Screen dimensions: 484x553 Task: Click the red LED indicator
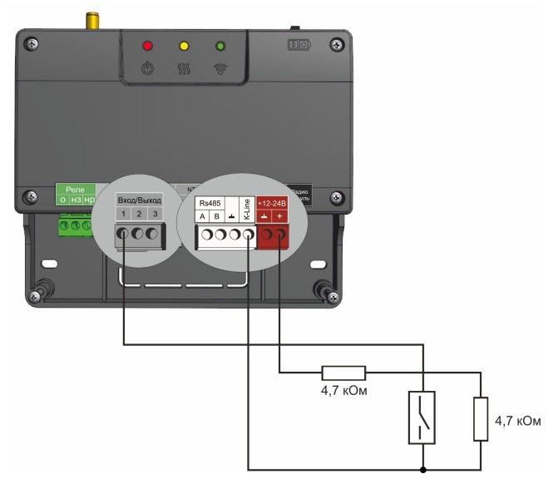[x=148, y=45]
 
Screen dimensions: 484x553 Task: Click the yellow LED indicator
[x=184, y=45]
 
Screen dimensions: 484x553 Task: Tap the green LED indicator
[x=220, y=45]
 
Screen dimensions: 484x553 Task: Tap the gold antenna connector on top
[x=87, y=19]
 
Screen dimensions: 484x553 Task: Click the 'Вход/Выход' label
[x=139, y=201]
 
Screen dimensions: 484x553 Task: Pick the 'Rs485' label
[x=209, y=202]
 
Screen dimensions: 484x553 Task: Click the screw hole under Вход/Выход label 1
[x=124, y=235]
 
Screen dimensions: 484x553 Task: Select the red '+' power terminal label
[x=280, y=216]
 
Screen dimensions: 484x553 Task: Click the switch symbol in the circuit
[x=423, y=417]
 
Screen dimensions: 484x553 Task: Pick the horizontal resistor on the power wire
[x=343, y=373]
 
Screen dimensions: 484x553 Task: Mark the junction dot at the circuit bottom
[x=423, y=469]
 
